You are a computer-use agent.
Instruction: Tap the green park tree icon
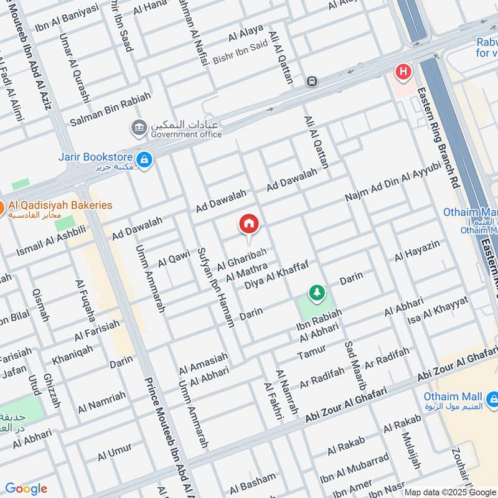pos(317,292)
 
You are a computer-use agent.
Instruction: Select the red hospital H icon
pos(403,72)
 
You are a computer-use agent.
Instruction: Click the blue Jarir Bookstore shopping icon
pos(144,161)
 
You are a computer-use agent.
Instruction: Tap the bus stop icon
pos(311,82)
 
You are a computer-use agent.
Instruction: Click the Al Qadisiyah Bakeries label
pos(60,205)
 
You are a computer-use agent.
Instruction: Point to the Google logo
pos(26,489)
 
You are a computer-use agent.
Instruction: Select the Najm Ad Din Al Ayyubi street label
pos(393,183)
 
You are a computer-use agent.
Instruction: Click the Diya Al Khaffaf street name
pos(276,275)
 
